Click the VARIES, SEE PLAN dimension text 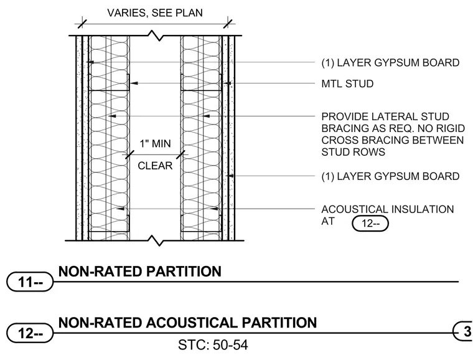tap(155, 13)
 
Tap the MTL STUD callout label tap(347, 83)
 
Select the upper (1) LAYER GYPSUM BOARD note tap(390, 63)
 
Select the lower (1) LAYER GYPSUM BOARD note tap(390, 176)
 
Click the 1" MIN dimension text tap(155, 144)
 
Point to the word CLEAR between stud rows tap(155, 166)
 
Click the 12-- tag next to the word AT tap(370, 224)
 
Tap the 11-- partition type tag tap(30, 282)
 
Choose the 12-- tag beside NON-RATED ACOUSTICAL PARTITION tap(30, 333)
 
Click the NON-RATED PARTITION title tap(139, 272)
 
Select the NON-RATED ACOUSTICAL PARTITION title tap(187, 323)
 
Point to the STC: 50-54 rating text tap(213, 345)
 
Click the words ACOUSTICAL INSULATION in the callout tap(388, 209)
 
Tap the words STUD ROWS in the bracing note tap(354, 152)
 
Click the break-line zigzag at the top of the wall tap(157, 36)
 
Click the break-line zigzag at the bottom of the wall tap(157, 240)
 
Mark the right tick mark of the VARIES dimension tap(228, 24)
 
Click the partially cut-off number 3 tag tap(463, 331)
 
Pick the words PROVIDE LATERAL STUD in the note tap(385, 116)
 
